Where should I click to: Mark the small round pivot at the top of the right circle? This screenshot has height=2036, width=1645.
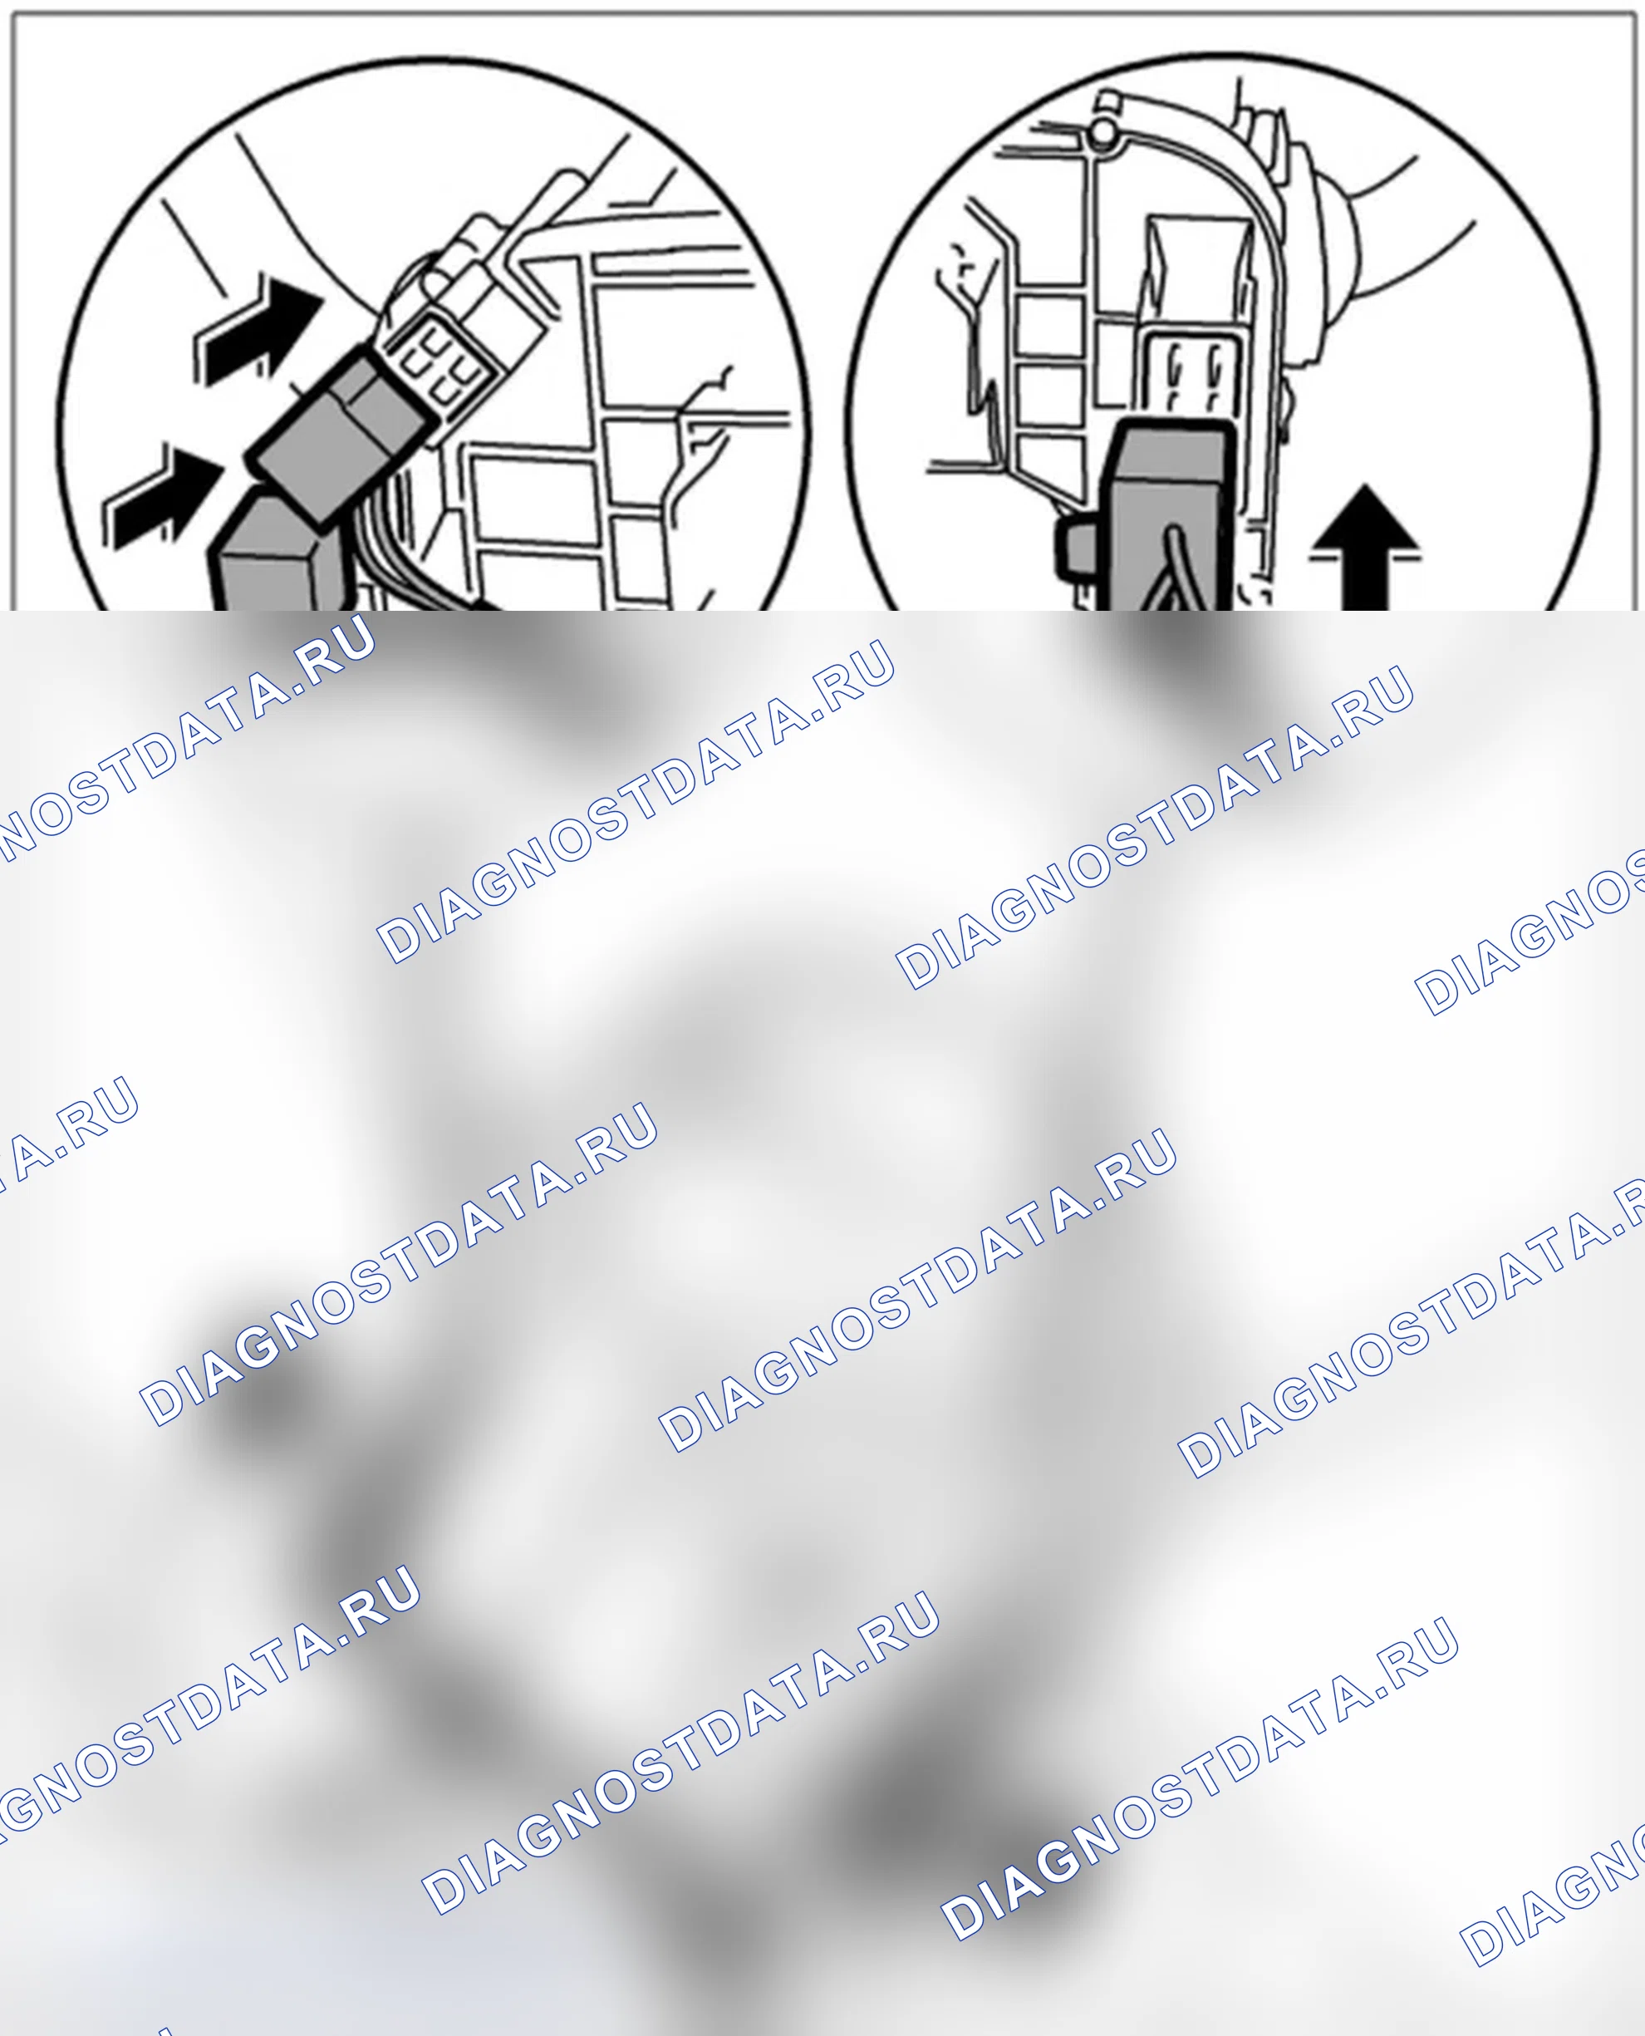pos(1100,135)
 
